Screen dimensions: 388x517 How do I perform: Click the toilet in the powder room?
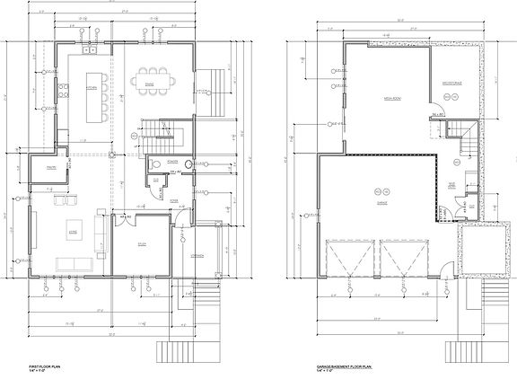click(156, 163)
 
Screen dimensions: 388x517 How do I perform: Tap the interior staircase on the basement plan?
click(467, 145)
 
